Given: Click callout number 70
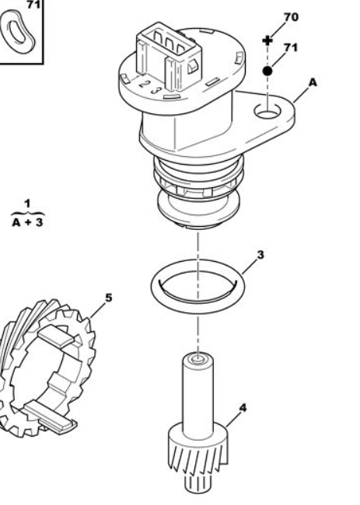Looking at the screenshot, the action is tap(291, 17).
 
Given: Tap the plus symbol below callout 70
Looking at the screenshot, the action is tap(267, 40).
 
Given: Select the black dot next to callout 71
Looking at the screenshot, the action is tap(267, 71).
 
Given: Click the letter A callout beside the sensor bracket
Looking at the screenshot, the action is tap(313, 83).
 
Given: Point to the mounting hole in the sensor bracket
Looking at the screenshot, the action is tap(267, 111).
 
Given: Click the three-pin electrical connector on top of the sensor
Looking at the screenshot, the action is tap(169, 57).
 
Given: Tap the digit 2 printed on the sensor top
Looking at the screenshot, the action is tap(143, 84).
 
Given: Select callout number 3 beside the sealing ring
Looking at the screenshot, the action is tap(260, 255).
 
